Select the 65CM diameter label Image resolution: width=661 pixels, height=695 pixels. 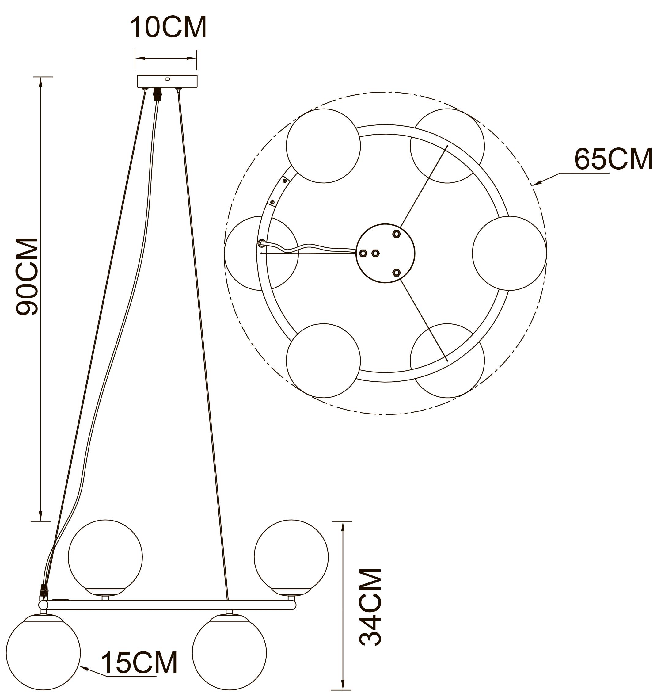click(x=614, y=160)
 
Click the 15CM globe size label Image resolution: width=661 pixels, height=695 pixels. click(x=139, y=663)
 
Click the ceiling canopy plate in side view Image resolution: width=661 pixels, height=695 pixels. click(x=167, y=82)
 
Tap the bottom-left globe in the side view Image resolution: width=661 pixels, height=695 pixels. click(x=43, y=652)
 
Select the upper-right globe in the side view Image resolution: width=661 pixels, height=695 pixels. click(x=291, y=557)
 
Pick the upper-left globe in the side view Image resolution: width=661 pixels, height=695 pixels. click(x=105, y=557)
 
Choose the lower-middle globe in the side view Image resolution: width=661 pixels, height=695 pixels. click(x=230, y=652)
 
